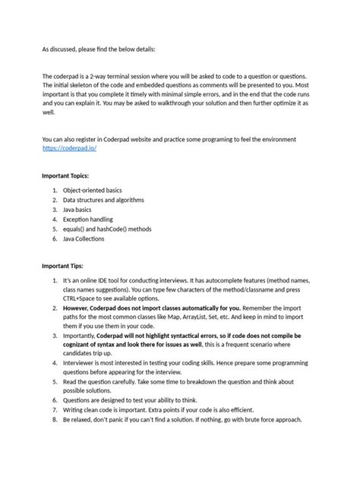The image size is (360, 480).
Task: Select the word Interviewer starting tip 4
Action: pos(81,364)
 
